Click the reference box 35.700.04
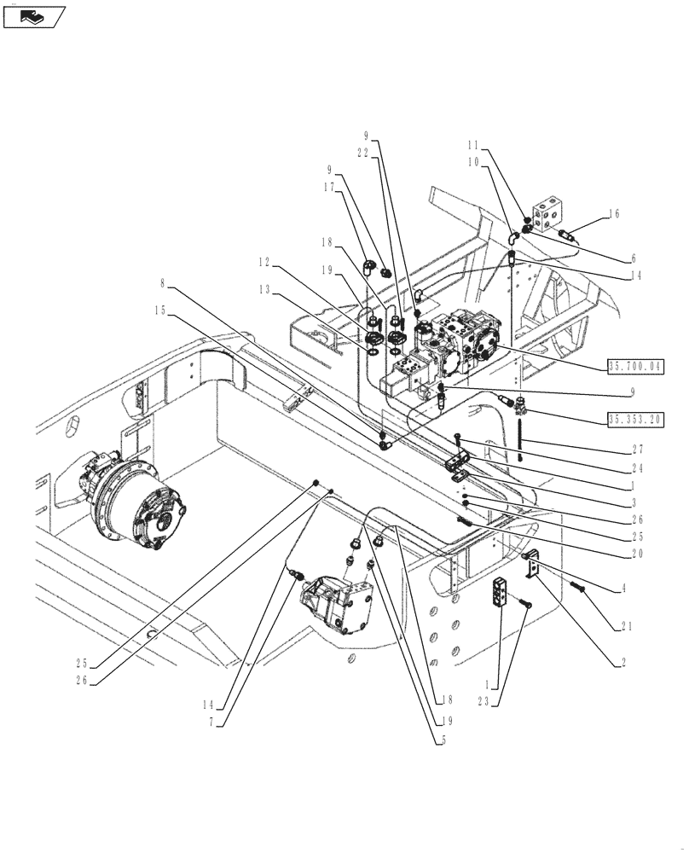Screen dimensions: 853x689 tap(635, 367)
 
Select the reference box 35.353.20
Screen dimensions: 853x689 tap(635, 419)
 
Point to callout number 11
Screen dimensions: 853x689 tap(474, 146)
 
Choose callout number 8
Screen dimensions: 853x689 tap(161, 282)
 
